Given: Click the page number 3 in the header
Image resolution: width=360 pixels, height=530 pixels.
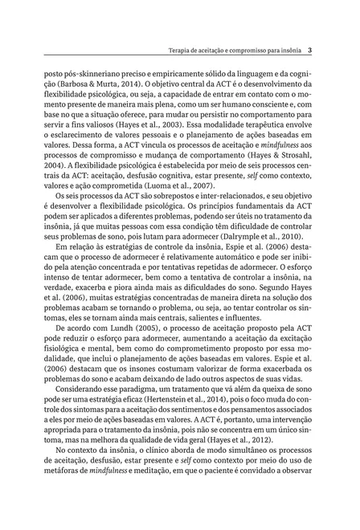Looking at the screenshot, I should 309,48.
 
